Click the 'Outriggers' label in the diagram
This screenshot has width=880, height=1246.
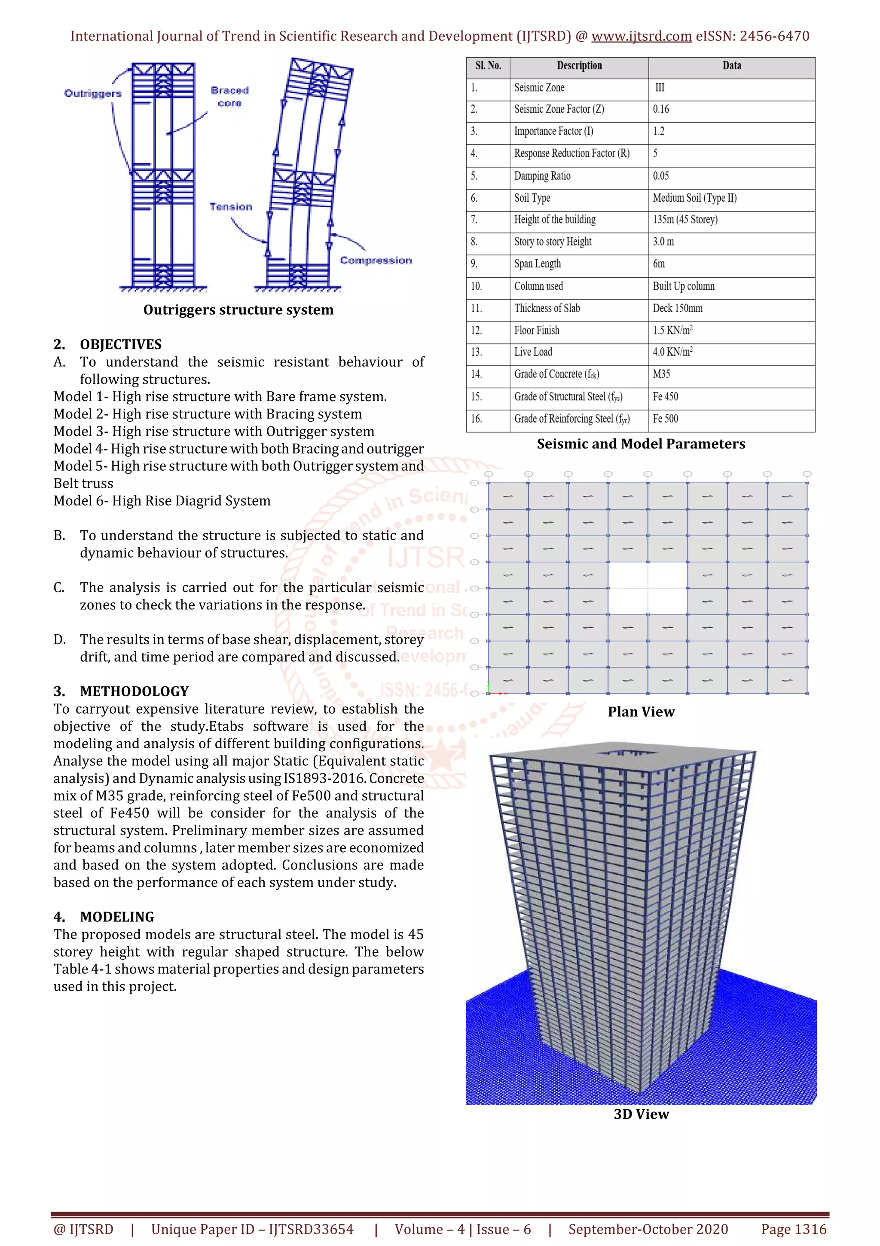click(x=93, y=93)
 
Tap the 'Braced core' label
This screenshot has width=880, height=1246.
click(x=230, y=97)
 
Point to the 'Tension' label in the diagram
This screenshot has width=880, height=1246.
click(x=231, y=207)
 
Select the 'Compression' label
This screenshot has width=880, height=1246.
click(x=376, y=261)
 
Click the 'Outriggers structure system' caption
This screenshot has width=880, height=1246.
click(x=238, y=310)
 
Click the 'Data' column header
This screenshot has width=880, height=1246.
click(x=731, y=66)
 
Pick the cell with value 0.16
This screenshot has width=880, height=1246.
click(x=661, y=110)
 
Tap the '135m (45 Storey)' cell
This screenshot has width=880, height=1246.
click(x=685, y=220)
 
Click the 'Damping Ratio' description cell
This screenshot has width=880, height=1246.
click(x=542, y=176)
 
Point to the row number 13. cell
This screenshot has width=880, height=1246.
click(x=476, y=352)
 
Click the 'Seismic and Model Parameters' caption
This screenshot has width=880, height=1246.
click(x=641, y=444)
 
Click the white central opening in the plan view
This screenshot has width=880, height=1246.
click(x=648, y=588)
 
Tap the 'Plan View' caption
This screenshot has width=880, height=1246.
click(x=641, y=712)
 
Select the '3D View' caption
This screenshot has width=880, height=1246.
click(x=641, y=1114)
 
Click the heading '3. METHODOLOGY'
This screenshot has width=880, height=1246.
click(x=121, y=691)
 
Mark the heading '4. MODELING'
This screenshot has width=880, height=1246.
click(x=104, y=917)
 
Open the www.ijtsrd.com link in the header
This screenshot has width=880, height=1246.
click(x=641, y=37)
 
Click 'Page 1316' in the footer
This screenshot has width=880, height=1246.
click(x=793, y=1229)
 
